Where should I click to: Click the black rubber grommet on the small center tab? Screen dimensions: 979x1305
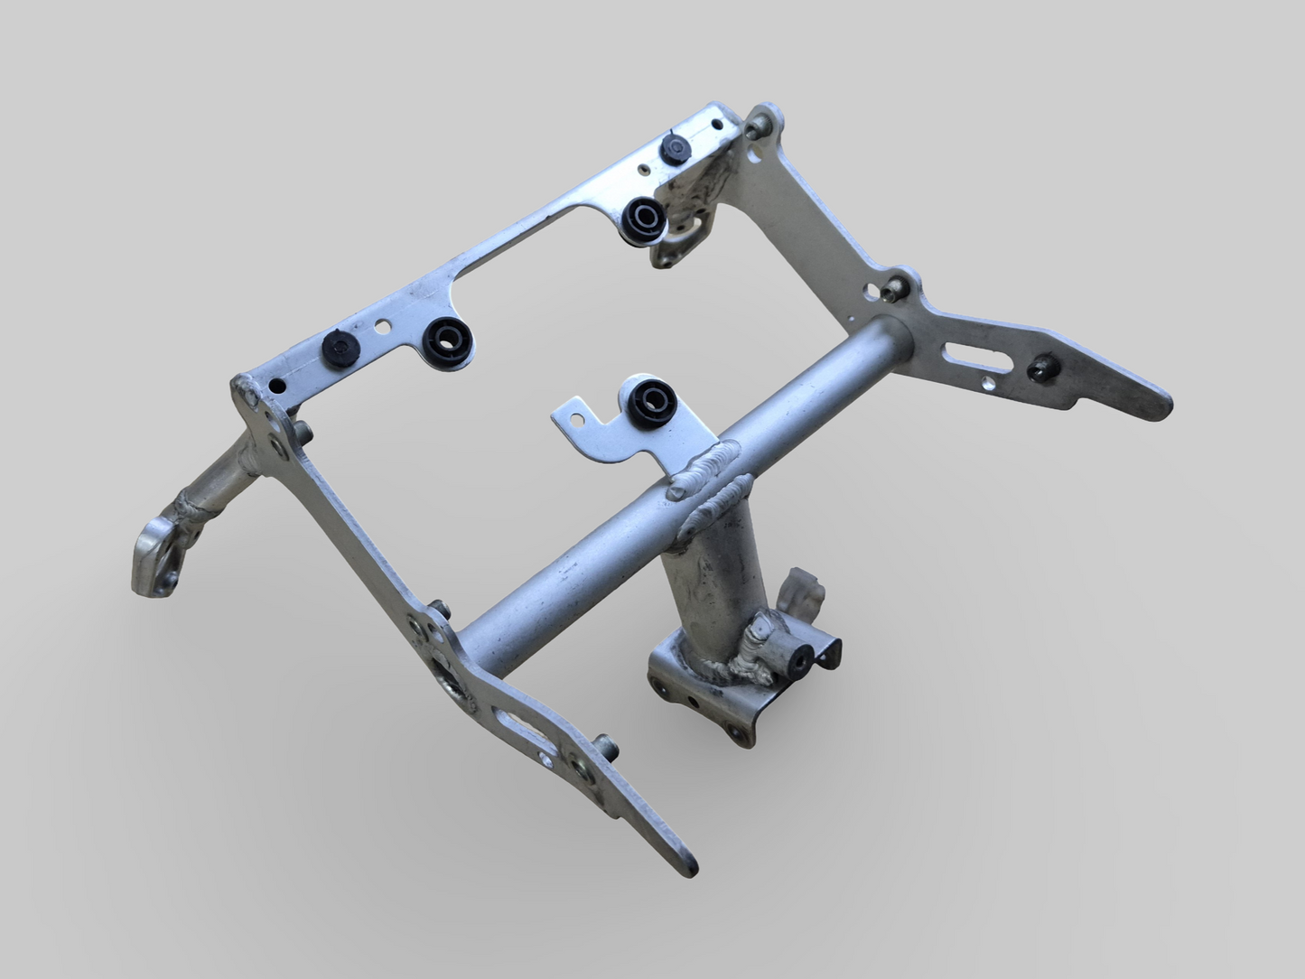click(648, 398)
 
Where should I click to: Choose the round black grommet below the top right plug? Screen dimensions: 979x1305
click(644, 216)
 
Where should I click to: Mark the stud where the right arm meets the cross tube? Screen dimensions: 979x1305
click(896, 286)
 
